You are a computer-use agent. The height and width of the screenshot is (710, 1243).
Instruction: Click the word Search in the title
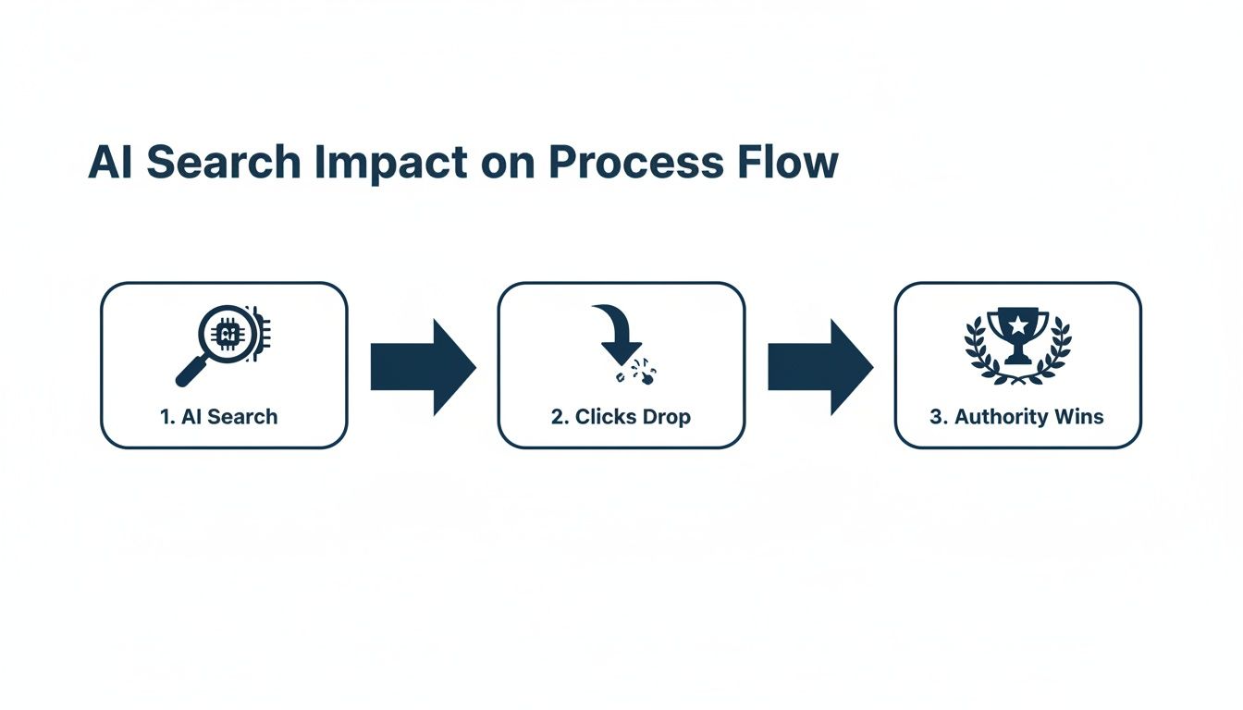click(x=224, y=163)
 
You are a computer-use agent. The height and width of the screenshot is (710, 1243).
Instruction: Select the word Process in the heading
click(x=634, y=163)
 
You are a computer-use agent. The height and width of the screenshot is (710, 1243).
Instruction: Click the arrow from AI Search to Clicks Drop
click(x=423, y=367)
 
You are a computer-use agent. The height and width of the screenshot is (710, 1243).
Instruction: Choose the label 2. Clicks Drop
click(x=621, y=417)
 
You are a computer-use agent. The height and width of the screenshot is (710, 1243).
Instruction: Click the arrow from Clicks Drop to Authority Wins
click(x=819, y=367)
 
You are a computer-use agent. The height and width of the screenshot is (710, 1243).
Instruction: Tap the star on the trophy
click(x=1017, y=324)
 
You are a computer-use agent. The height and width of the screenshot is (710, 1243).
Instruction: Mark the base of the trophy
click(x=1017, y=359)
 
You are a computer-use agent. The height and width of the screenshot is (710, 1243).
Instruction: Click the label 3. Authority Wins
click(x=1016, y=417)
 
